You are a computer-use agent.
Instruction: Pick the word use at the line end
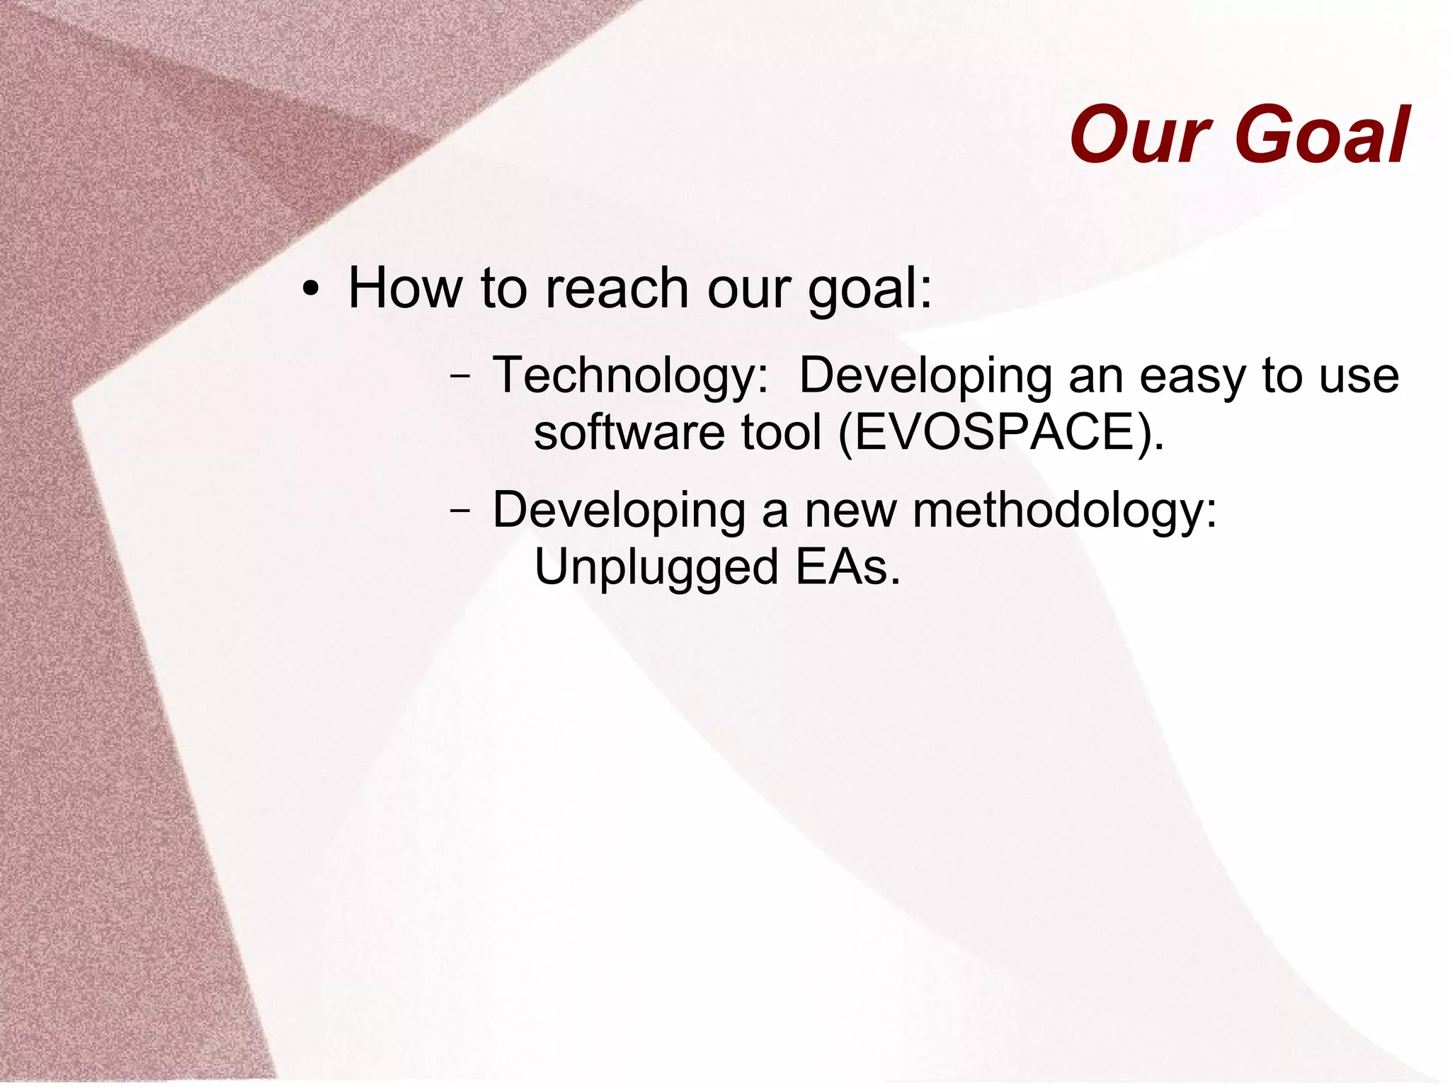[x=1359, y=375]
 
